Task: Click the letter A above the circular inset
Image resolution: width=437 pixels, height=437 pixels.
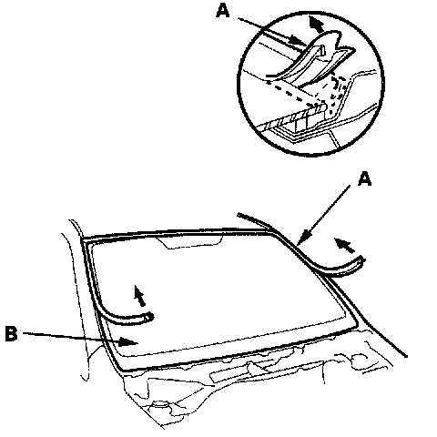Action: [x=222, y=11]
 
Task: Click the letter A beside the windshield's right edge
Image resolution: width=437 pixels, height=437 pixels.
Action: [x=364, y=178]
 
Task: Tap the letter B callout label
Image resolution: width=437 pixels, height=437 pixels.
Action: [x=12, y=333]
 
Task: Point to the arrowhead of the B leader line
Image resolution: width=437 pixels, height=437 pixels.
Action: [x=128, y=341]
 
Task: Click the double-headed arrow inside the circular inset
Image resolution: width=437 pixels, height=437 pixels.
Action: [x=316, y=25]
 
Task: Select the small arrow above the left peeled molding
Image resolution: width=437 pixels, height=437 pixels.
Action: [x=139, y=295]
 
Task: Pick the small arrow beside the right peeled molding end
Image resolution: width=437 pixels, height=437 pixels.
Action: [x=344, y=246]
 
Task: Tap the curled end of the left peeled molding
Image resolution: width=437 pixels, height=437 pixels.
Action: [x=148, y=318]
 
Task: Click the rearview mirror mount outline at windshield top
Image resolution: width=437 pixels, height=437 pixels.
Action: [x=190, y=242]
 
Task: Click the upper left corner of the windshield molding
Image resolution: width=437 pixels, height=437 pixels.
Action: [x=84, y=239]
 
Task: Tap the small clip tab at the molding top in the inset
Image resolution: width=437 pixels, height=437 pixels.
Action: [x=321, y=50]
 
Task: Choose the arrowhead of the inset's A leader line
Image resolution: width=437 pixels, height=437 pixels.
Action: [x=298, y=40]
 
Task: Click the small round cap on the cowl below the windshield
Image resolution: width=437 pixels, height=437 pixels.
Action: [x=160, y=404]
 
